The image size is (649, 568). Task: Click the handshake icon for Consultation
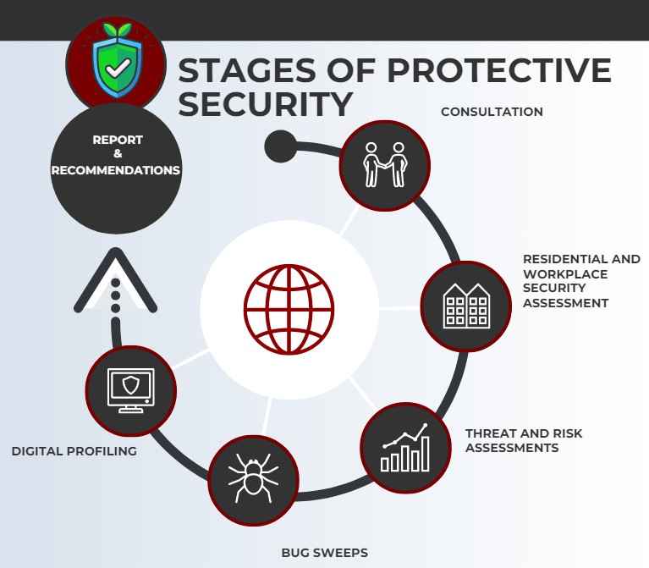click(385, 165)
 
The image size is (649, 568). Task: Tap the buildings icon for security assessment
click(466, 306)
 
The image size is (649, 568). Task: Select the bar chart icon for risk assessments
click(405, 448)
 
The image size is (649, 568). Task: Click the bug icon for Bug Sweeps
click(253, 477)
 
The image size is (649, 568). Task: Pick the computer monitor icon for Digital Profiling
click(131, 390)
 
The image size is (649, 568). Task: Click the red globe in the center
click(289, 309)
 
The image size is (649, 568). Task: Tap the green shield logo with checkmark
click(118, 61)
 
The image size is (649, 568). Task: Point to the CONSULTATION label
click(492, 112)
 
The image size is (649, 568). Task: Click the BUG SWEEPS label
click(325, 553)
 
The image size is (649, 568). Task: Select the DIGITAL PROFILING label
click(74, 451)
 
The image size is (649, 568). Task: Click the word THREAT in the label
click(487, 433)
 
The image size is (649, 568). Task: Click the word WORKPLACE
click(565, 274)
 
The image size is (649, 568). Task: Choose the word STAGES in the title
click(248, 70)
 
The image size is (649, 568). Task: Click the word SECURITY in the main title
click(266, 104)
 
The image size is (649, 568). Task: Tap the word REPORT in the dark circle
click(118, 140)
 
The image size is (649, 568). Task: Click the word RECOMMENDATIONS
click(115, 170)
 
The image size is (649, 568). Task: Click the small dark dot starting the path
click(281, 146)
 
